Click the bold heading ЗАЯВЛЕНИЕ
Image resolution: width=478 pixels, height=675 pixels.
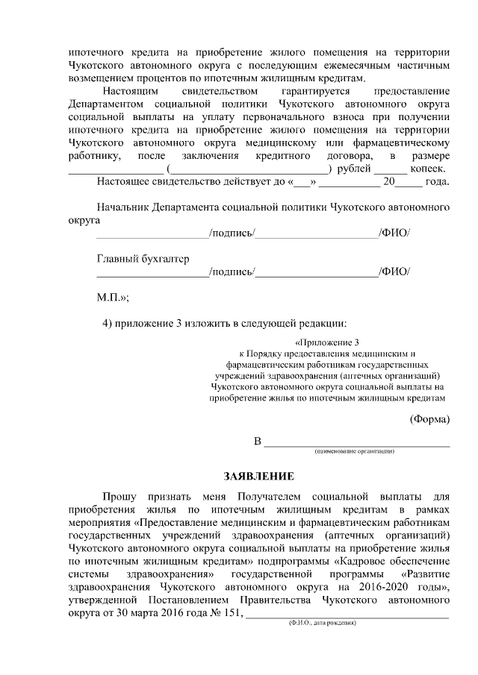point(260,476)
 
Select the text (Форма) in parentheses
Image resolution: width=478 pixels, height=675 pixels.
point(430,418)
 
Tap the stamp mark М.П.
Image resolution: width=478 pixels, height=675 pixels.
point(113,297)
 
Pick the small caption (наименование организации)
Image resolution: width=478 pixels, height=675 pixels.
point(354,452)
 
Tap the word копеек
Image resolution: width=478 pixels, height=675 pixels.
point(429,169)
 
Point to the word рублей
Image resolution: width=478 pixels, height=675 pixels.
point(353,169)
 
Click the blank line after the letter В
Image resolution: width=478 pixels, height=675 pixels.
point(358,445)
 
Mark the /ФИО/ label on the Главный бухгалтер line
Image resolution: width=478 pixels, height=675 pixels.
point(394,272)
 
